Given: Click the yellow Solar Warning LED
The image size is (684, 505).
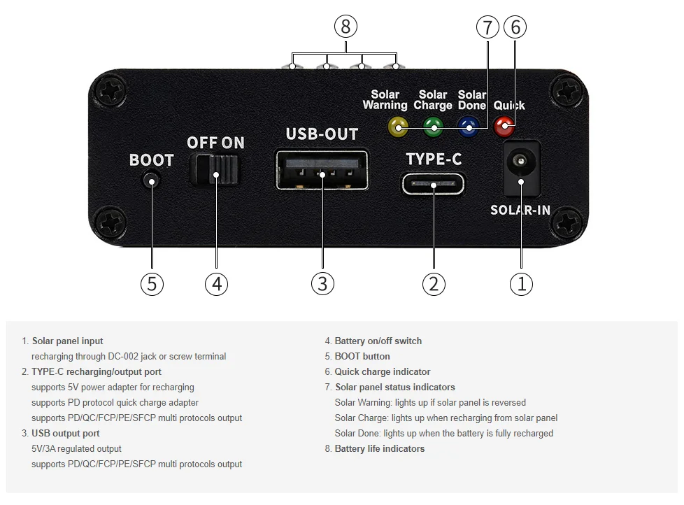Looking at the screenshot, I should [x=398, y=126].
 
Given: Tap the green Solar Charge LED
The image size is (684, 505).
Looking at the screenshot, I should [x=434, y=126].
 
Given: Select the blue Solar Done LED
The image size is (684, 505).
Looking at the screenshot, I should [x=468, y=126].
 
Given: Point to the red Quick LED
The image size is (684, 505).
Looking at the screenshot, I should [x=504, y=127].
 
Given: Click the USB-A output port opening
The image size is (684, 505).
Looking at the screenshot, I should [x=322, y=170].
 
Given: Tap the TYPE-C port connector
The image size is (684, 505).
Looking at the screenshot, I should [x=433, y=185].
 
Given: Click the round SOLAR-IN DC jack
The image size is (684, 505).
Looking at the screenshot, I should [x=520, y=162].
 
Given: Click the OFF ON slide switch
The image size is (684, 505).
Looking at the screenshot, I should [x=215, y=169].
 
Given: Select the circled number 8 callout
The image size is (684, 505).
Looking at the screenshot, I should [x=345, y=27].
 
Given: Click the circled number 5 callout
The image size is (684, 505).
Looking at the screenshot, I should [x=152, y=283].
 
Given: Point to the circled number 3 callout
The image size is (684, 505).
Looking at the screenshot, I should [x=322, y=283].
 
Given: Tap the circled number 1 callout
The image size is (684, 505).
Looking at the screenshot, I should [x=520, y=283].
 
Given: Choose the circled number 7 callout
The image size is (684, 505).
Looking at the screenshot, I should [x=487, y=27].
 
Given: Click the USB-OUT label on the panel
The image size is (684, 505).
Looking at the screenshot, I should [x=322, y=134].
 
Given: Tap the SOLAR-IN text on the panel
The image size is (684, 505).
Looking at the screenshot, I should [x=520, y=210].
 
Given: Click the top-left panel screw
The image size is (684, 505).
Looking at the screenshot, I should [x=111, y=92].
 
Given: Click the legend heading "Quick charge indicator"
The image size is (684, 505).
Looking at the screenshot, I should [x=383, y=372].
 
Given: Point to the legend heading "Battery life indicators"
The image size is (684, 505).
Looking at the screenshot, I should [x=380, y=449].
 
